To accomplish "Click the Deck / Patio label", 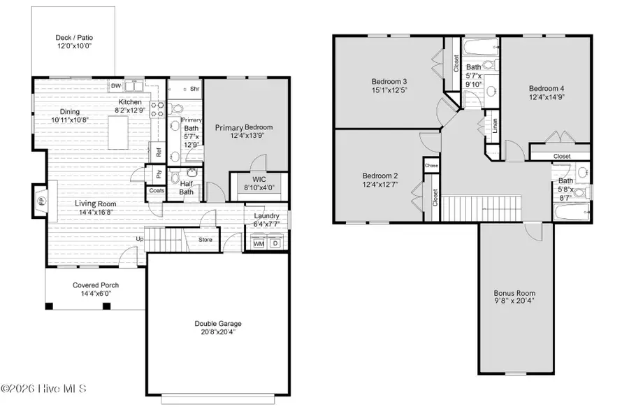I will (x=74, y=38).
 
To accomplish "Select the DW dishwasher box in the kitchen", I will (x=117, y=87).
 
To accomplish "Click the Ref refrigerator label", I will (x=159, y=151).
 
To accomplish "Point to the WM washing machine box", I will (x=258, y=244).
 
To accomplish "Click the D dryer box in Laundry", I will (x=275, y=244).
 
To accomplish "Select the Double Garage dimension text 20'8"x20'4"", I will (x=218, y=333).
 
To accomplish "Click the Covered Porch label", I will (x=96, y=285).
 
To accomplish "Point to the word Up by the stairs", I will (x=140, y=239).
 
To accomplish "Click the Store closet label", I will (x=205, y=240).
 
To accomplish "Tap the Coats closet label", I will (x=157, y=190).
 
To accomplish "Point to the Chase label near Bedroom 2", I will (x=431, y=166).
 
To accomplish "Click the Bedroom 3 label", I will (x=389, y=81).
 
